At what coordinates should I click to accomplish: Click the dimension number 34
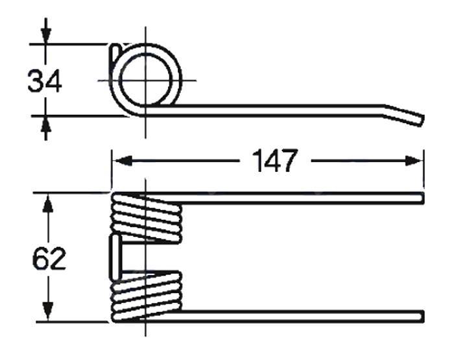point(45,81)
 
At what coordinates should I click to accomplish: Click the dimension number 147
point(275,160)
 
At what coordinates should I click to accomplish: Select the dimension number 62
point(49,259)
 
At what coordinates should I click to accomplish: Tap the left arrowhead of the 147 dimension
point(123,160)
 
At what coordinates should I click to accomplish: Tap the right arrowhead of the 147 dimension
point(414,160)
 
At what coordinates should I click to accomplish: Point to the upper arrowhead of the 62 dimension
point(49,204)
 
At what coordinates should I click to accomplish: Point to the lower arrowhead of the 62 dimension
point(49,311)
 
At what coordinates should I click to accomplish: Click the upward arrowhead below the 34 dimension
point(45,125)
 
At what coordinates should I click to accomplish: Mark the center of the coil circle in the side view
point(145,80)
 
